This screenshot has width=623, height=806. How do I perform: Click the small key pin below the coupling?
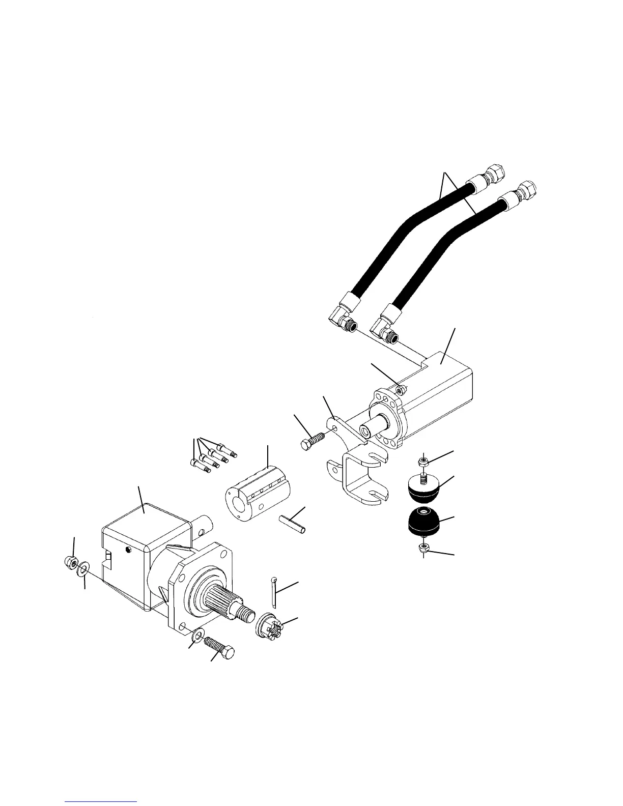coord(293,524)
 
